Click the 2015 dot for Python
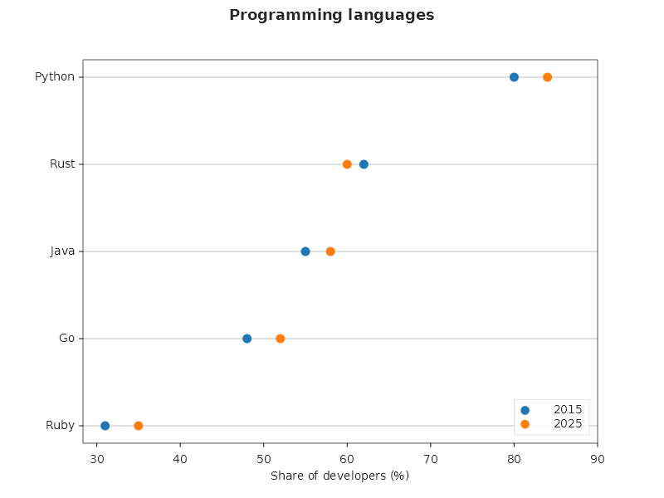(514, 77)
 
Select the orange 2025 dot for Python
(547, 77)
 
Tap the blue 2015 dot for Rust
(364, 164)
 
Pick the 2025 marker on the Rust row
(347, 164)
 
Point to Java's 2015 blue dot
(305, 251)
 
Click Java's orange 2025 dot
(330, 251)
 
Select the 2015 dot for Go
(247, 339)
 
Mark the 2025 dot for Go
(281, 339)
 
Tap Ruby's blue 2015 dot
(105, 426)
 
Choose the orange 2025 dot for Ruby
(139, 426)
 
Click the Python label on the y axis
(55, 77)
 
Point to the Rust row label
(62, 164)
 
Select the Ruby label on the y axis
(60, 425)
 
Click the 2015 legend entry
(551, 409)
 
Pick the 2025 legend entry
(551, 424)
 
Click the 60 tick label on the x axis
(347, 459)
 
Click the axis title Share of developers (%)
(340, 476)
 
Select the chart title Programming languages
(331, 15)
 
